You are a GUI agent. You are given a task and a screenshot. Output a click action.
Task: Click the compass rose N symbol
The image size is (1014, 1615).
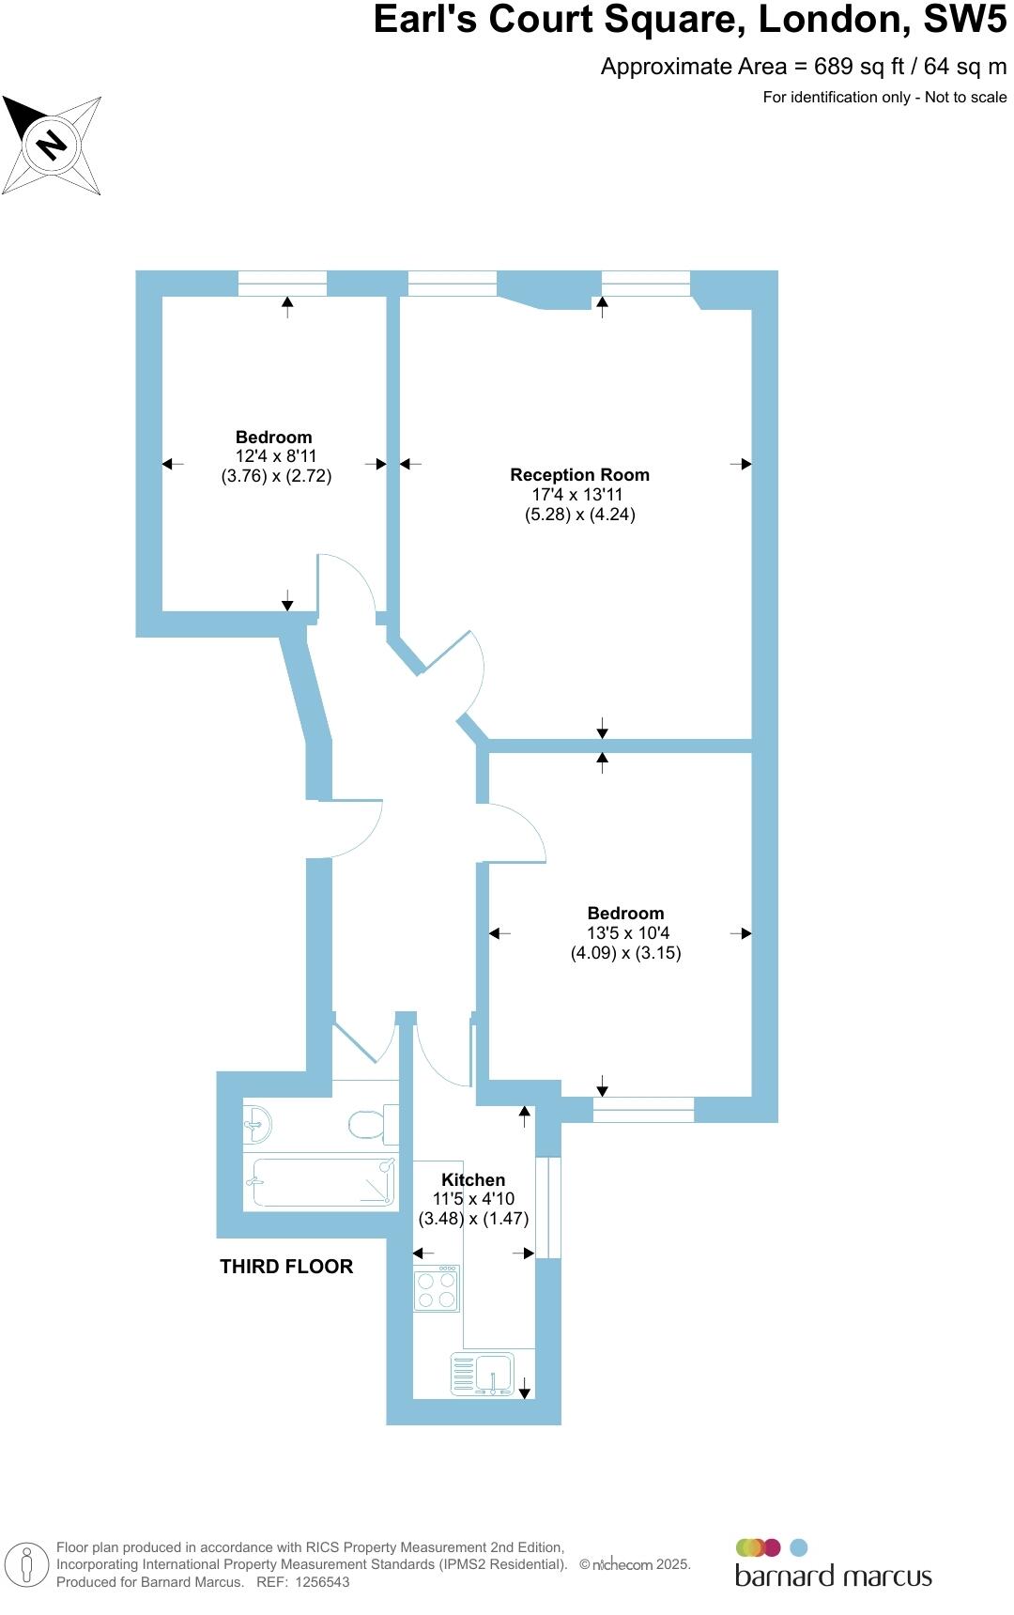[x=52, y=145]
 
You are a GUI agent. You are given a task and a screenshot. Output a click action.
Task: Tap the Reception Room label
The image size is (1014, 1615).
[x=579, y=475]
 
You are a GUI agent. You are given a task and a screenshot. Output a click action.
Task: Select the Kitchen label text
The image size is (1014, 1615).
[x=473, y=1179]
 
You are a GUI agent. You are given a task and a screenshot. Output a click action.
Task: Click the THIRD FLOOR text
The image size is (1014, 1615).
[x=286, y=1267]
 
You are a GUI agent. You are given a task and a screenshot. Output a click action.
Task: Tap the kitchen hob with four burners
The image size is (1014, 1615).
[x=437, y=1288]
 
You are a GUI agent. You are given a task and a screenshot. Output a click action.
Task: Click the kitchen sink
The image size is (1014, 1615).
[x=483, y=1375]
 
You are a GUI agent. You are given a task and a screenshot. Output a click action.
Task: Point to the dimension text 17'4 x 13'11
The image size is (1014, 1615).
[x=578, y=495]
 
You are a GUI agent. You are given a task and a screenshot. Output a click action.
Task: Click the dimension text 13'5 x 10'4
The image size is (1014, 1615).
[x=625, y=933]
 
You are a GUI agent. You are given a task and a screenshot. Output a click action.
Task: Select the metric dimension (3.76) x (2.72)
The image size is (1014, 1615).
[x=276, y=476]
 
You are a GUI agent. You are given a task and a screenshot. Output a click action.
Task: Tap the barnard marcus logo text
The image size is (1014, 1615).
[x=833, y=1576]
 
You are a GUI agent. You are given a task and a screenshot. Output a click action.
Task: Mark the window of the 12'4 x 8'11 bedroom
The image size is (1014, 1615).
[x=282, y=283]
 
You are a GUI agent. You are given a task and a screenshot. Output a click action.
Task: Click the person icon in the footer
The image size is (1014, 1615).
[x=27, y=1565]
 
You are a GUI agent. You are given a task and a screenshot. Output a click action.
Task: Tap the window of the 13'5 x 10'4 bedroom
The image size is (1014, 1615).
[x=643, y=1110]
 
